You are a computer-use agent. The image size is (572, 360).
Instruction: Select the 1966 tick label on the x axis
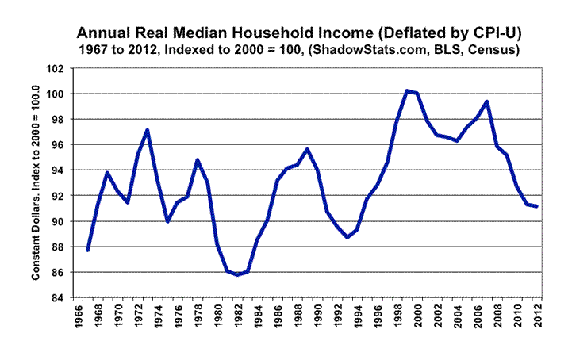pyautogui.click(x=78, y=317)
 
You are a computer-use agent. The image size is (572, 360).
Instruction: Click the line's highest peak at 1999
pyautogui.click(x=407, y=90)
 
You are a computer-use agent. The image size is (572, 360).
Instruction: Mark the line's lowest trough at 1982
pyautogui.click(x=236, y=274)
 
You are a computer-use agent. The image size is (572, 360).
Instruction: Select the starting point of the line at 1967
pyautogui.click(x=86, y=251)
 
